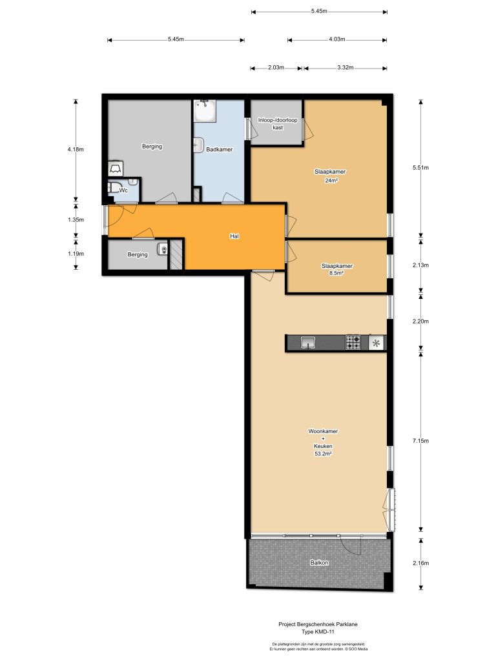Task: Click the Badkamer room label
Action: pos(219,150)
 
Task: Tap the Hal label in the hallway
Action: pos(234,236)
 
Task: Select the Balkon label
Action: pos(318,563)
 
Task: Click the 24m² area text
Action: pos(332,181)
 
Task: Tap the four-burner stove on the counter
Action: pos(353,341)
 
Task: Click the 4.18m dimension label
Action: pos(76,149)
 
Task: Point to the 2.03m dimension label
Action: pos(276,68)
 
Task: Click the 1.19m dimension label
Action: pos(76,254)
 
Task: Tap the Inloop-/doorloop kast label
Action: pos(278,124)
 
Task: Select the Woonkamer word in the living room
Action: pos(323,431)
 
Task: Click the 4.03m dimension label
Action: pos(336,40)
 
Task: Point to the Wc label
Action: pos(124,190)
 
